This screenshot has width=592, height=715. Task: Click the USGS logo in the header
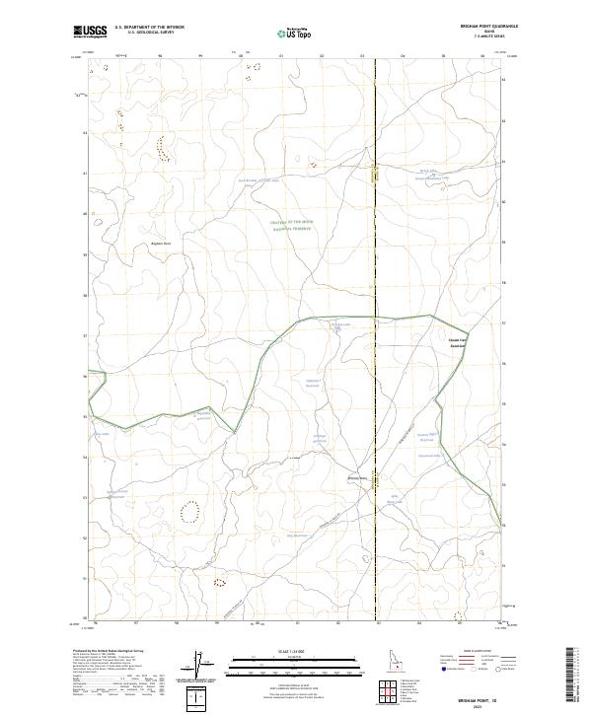[x=90, y=32]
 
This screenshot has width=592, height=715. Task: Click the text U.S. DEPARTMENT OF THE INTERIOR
[x=149, y=28]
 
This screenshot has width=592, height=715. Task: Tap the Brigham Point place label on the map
[x=161, y=244]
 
